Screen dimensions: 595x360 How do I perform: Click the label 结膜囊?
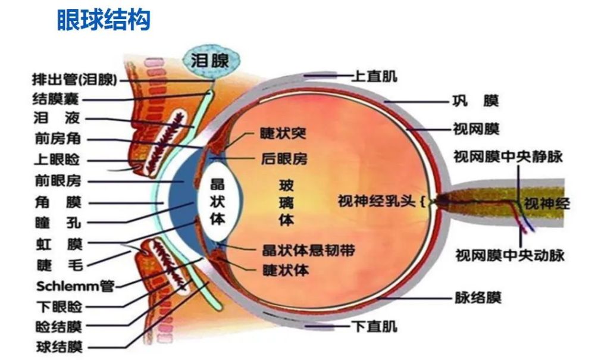[x=59, y=99]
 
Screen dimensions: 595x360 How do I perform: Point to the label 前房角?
[x=58, y=139]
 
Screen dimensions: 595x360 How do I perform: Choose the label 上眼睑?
[x=58, y=160]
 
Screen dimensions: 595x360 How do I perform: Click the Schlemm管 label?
[x=75, y=286]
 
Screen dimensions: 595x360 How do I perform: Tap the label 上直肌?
[x=374, y=76]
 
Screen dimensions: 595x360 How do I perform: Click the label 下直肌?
[x=374, y=326]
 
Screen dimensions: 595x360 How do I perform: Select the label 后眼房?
[x=284, y=159]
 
